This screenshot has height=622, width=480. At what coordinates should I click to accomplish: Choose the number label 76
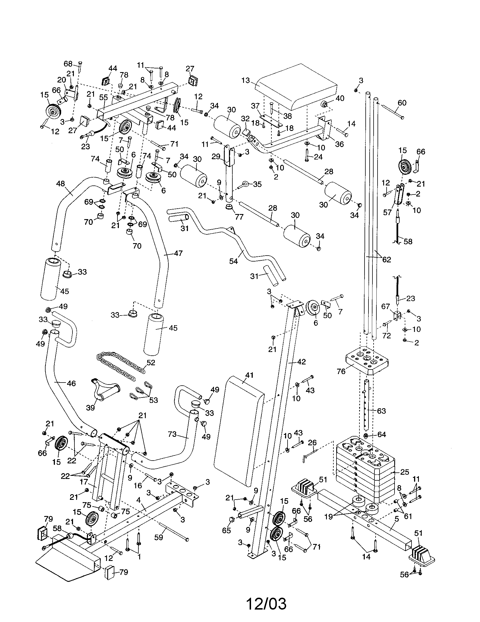pos(341,371)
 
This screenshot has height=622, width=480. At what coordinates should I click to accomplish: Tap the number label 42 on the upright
pos(301,362)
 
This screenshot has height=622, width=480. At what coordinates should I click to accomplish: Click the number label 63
pos(381,411)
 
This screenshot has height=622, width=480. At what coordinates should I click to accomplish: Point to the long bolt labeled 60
pos(392,112)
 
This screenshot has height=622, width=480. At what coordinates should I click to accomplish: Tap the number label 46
pos(71,384)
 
